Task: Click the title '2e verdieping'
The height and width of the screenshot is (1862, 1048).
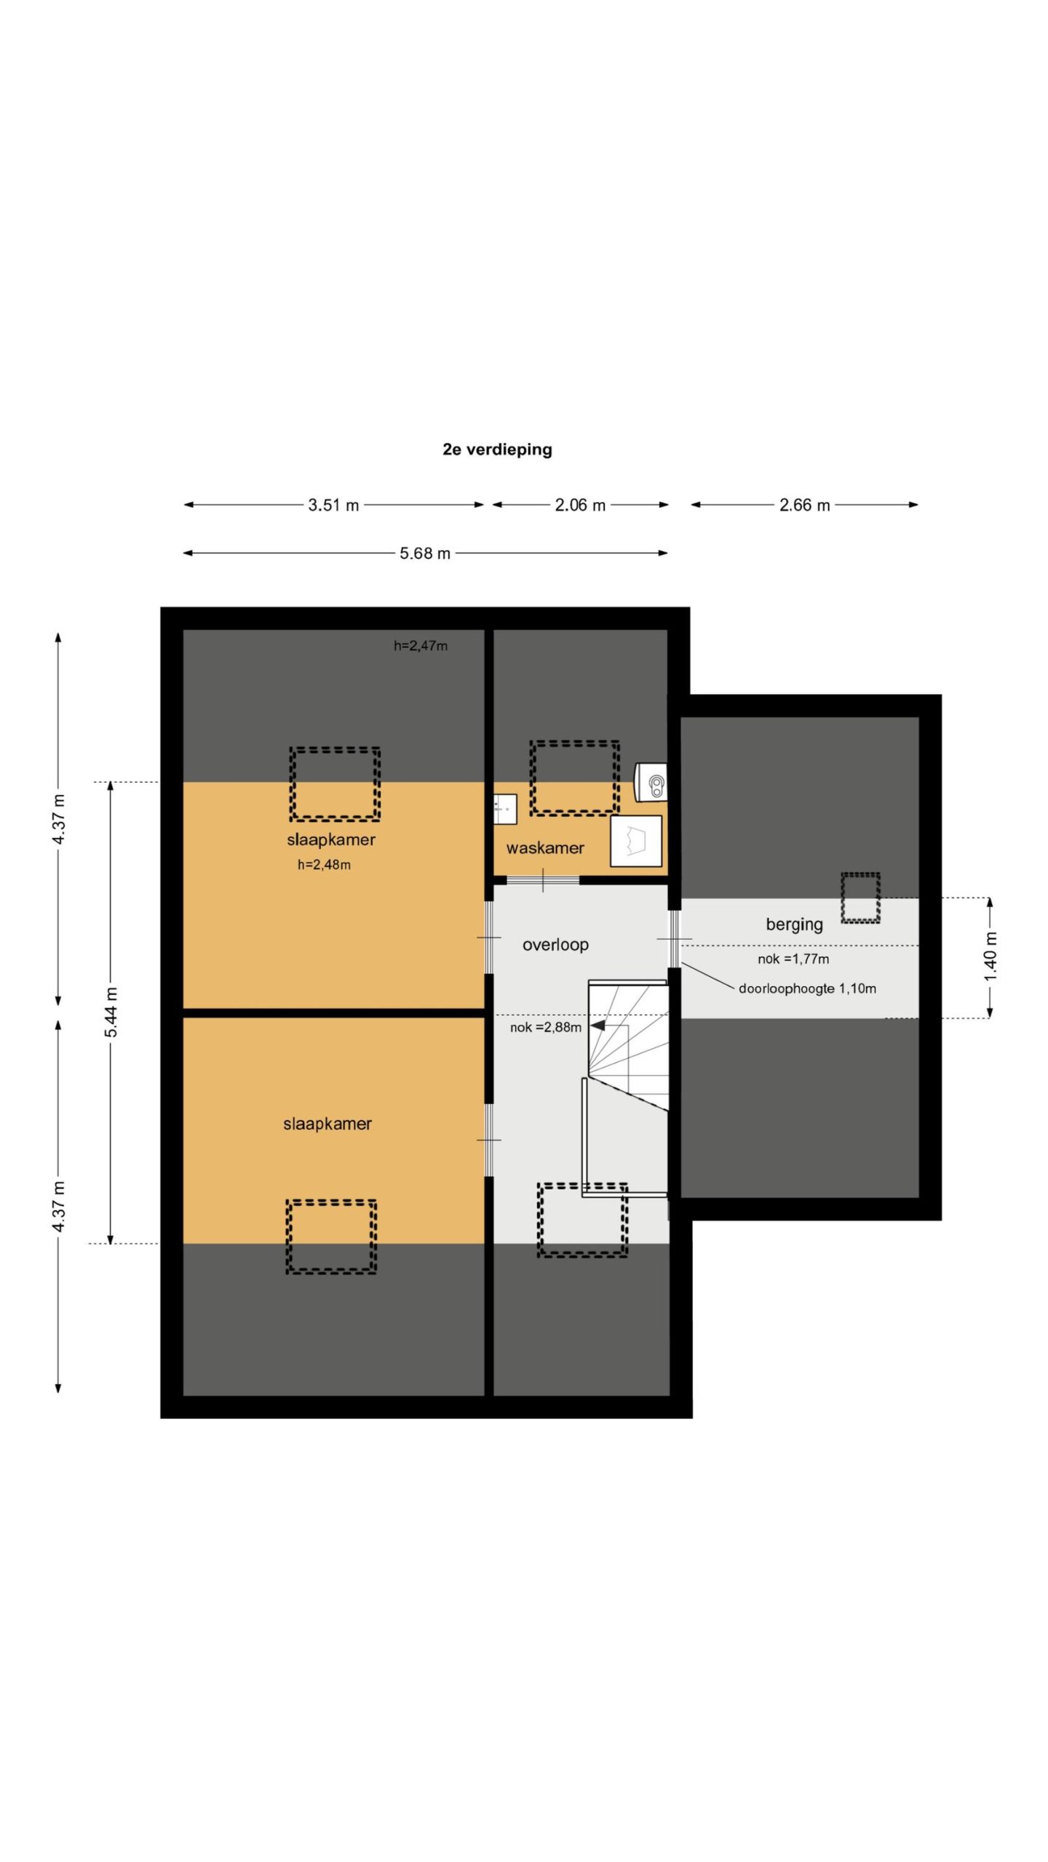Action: (497, 449)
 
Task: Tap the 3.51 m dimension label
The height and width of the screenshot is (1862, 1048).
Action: (333, 505)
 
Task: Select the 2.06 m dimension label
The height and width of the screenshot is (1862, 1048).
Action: (580, 505)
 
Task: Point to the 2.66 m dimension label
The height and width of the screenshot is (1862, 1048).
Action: (804, 505)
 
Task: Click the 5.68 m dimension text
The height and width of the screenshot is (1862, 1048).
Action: (425, 554)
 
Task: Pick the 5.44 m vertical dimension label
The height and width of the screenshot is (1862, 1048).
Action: (111, 1012)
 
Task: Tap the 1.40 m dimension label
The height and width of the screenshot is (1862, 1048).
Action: (991, 956)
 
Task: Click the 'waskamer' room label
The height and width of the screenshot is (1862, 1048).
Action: (545, 848)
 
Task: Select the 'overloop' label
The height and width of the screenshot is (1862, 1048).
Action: (555, 945)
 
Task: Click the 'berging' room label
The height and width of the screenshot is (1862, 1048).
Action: (794, 924)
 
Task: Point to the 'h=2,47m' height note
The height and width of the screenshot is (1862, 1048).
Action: (421, 646)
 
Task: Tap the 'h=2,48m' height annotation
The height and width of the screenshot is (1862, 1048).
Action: (324, 865)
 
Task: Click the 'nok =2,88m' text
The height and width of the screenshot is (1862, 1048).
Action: (546, 1028)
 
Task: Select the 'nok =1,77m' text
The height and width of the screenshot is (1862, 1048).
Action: (793, 959)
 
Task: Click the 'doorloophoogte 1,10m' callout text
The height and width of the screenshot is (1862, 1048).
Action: (807, 988)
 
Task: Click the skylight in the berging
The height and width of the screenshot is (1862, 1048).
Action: (861, 898)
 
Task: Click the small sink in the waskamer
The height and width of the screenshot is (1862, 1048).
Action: (505, 809)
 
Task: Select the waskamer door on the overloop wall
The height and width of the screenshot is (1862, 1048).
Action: (543, 880)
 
